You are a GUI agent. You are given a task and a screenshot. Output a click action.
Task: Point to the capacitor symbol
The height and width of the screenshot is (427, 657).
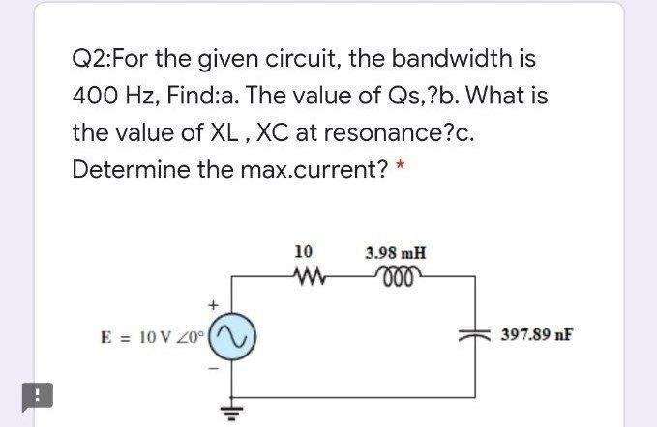pyautogui.click(x=475, y=335)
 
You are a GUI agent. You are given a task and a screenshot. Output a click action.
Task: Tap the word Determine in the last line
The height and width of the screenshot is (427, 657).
pyautogui.click(x=120, y=169)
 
